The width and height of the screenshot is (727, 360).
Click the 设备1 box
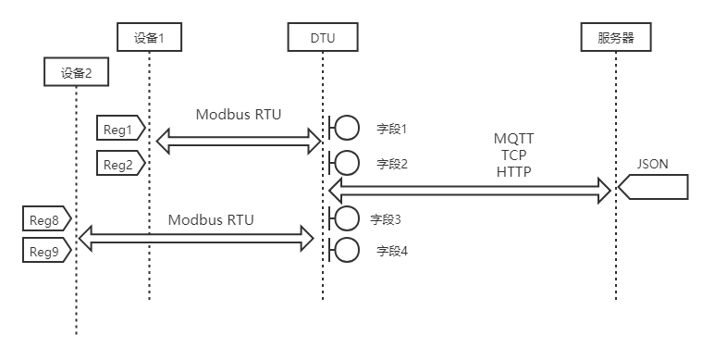(x=149, y=37)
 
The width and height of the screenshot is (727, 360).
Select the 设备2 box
(x=76, y=72)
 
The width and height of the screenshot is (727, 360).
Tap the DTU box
(x=323, y=37)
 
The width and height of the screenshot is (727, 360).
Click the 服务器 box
(x=616, y=37)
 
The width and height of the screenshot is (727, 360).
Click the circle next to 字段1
(x=347, y=129)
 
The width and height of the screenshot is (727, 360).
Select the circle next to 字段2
(x=347, y=164)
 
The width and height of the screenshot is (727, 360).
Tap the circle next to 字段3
(x=347, y=219)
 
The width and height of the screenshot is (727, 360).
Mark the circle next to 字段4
(x=347, y=251)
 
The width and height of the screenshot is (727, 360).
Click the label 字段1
(x=391, y=129)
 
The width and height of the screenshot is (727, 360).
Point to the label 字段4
(x=391, y=251)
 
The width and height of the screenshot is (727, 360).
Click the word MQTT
(x=513, y=139)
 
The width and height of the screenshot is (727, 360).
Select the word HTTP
(x=513, y=171)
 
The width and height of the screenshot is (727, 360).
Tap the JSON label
(x=652, y=165)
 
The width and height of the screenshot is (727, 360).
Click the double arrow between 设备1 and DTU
(x=239, y=142)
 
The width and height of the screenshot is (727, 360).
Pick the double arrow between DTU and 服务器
(x=470, y=190)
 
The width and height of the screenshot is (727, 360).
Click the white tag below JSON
(x=655, y=188)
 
